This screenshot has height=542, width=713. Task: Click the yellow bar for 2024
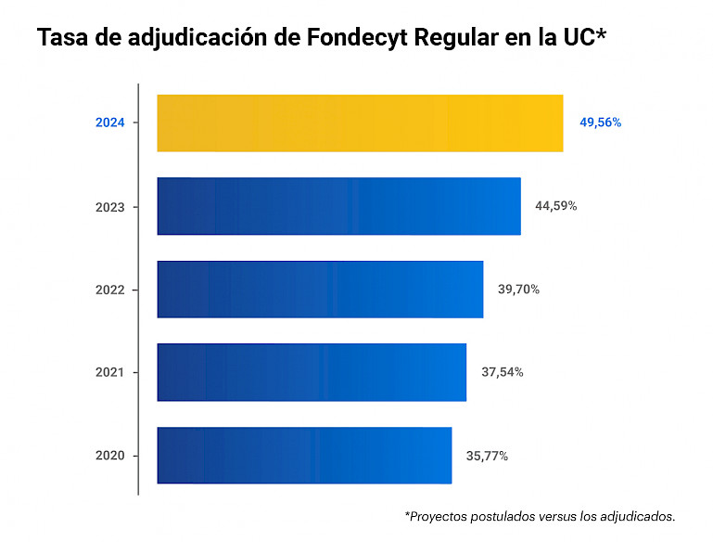[x=360, y=123]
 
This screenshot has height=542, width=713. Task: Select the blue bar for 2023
[x=338, y=206]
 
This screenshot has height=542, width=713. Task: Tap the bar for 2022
[x=320, y=290]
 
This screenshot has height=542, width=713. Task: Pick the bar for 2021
[x=312, y=372]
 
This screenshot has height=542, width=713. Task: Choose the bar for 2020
[x=304, y=456]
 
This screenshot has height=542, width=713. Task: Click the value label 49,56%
[x=601, y=123]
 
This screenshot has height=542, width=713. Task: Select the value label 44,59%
[x=556, y=206]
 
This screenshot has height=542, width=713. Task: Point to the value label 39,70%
[x=518, y=290]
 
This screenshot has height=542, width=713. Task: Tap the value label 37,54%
[x=503, y=372]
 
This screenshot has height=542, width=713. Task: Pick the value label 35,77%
[x=487, y=456]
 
